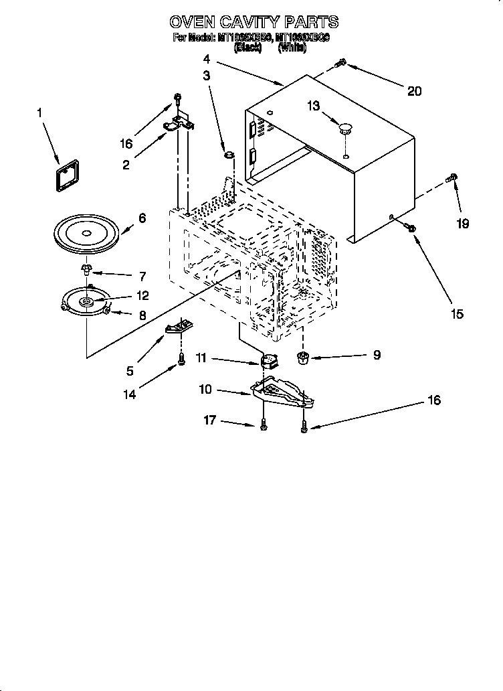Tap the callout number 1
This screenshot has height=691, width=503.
pyautogui.click(x=39, y=113)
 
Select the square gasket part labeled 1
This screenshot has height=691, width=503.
pyautogui.click(x=66, y=173)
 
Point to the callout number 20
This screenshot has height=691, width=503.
pyautogui.click(x=414, y=90)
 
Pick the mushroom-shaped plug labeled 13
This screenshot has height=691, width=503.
pyautogui.click(x=346, y=128)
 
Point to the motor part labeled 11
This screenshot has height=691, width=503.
pyautogui.click(x=269, y=362)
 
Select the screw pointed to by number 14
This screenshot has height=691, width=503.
pyautogui.click(x=181, y=360)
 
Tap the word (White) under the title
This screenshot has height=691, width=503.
pyautogui.click(x=293, y=48)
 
